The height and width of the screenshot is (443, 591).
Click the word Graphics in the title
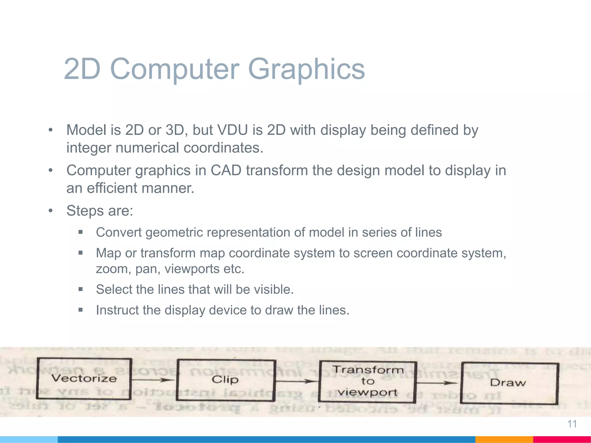coord(306,69)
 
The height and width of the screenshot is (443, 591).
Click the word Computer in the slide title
coord(174,69)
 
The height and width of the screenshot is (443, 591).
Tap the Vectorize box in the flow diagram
coord(84,378)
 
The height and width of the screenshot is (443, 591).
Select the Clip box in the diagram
coord(225,380)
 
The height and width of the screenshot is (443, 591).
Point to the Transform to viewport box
coord(367,381)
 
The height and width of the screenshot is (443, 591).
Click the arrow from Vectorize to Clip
coord(153,380)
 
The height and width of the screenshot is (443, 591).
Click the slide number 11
coord(572,424)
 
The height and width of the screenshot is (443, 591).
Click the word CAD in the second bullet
coord(226,170)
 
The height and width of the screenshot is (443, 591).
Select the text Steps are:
coord(100,211)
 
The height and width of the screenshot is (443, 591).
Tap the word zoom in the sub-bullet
coord(111,269)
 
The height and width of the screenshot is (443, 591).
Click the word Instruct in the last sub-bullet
coord(117,310)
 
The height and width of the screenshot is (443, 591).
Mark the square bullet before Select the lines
coord(81,289)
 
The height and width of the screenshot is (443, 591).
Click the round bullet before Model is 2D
coord(51,130)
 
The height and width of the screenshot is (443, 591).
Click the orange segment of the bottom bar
coord(504,439)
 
